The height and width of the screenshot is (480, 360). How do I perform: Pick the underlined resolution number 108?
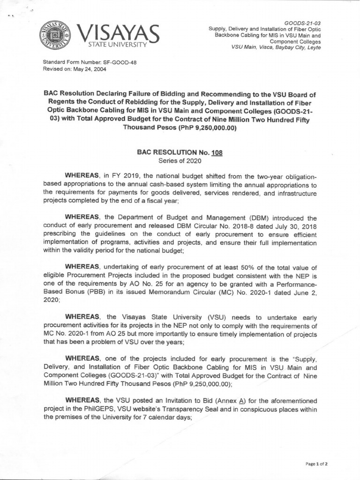pos(214,152)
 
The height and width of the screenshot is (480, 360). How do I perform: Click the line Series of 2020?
pos(180,160)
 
